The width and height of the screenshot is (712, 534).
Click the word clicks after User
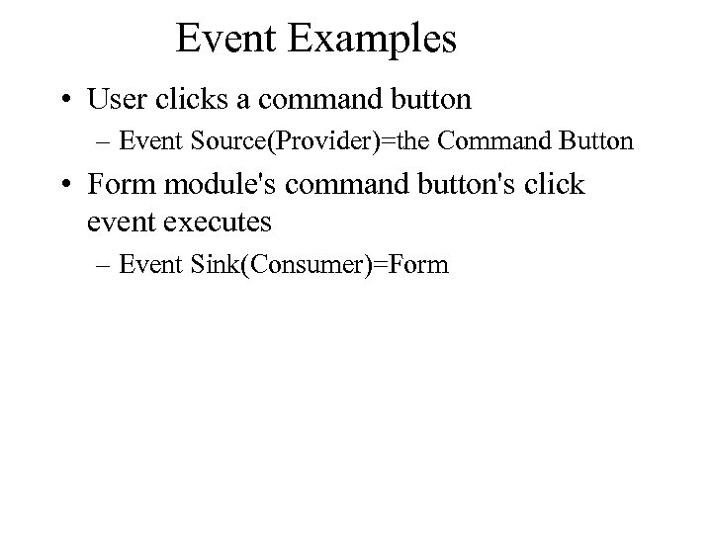[x=185, y=100]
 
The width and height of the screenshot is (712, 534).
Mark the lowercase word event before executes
[x=120, y=222]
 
